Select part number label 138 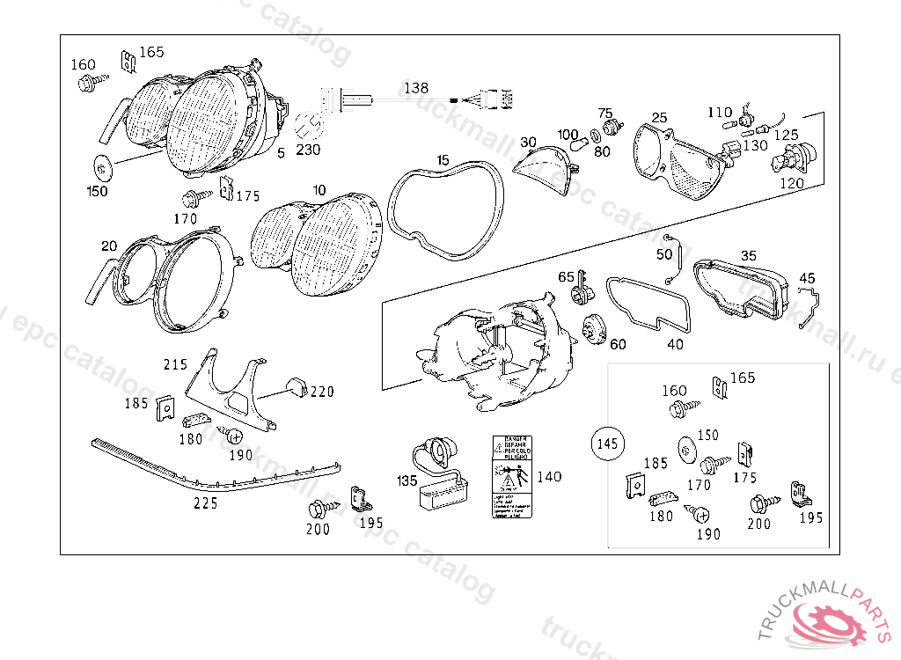point(416,88)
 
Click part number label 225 point(206,504)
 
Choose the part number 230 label point(308,149)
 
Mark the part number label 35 point(748,256)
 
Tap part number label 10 point(319,189)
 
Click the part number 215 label point(175,363)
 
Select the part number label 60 point(618,344)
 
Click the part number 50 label point(663,254)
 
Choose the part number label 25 point(659,117)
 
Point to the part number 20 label point(108,246)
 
